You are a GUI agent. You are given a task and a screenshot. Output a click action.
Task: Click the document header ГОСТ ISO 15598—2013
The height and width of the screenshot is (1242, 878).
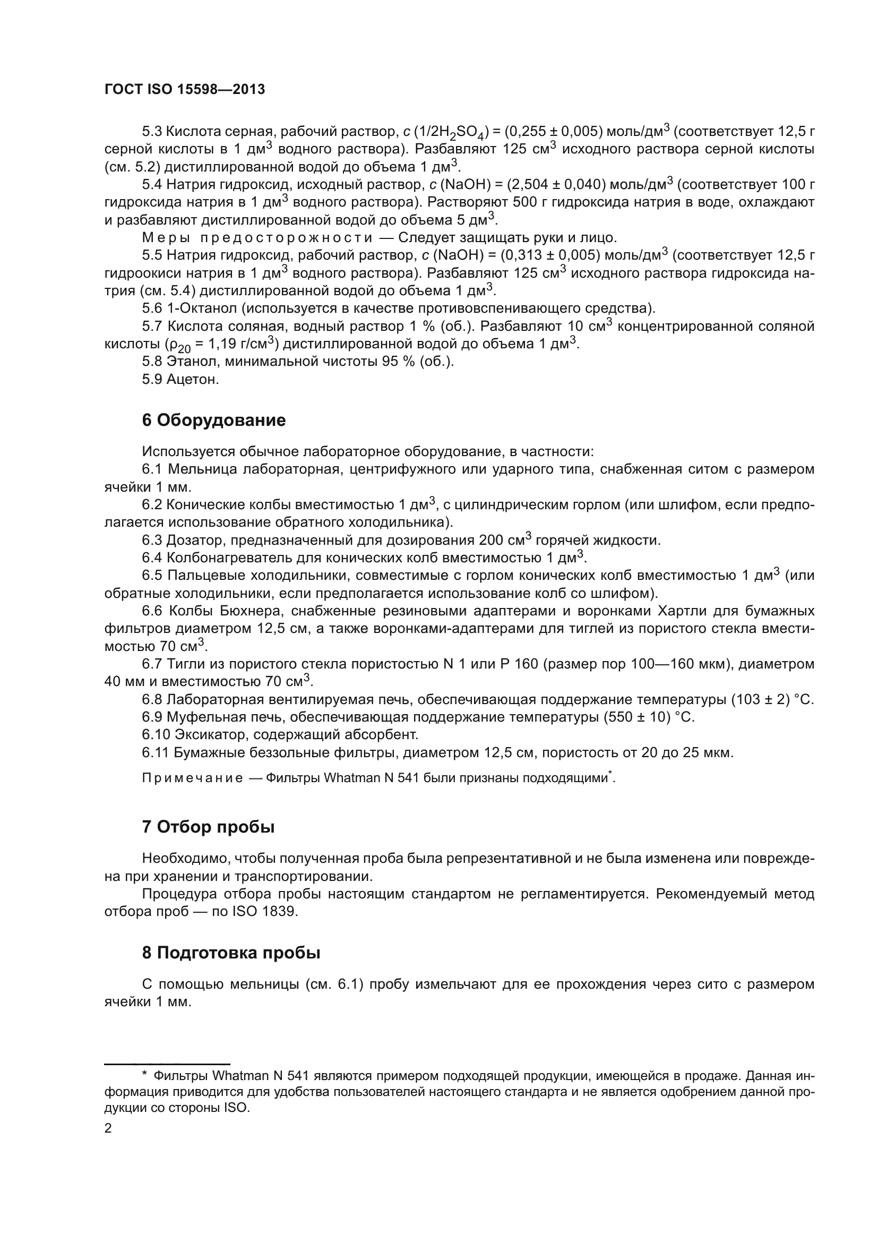[184, 90]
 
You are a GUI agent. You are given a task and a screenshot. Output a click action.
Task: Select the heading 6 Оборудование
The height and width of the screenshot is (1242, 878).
[213, 421]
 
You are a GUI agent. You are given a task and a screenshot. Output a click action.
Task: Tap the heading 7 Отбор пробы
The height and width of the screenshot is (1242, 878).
[208, 842]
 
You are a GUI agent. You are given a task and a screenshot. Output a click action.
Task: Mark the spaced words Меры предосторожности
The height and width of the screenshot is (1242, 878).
[257, 238]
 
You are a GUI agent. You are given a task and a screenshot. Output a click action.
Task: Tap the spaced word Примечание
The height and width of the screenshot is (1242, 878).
[193, 778]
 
